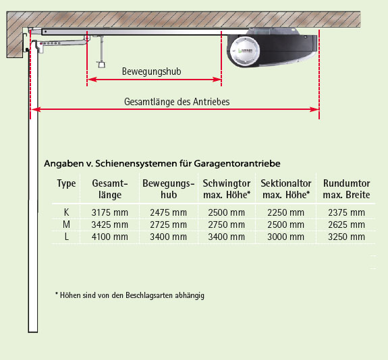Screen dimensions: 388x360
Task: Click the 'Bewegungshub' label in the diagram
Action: point(151,71)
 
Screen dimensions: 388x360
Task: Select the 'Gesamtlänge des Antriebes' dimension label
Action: point(177,102)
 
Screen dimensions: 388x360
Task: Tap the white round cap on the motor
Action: point(244,51)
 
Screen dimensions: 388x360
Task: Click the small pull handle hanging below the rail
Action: point(101,65)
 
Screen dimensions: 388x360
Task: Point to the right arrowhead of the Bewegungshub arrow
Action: point(217,80)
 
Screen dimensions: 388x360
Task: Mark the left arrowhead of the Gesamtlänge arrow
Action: point(36,109)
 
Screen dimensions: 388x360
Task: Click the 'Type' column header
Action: point(66,183)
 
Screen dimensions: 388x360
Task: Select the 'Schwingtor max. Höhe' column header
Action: point(227,189)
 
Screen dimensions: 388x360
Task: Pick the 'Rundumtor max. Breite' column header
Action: point(346,189)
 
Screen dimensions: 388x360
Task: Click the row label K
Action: point(66,212)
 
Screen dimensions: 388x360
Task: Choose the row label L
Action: point(66,237)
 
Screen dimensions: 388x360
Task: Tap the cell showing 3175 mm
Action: point(110,212)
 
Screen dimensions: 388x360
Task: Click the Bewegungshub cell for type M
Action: point(168,224)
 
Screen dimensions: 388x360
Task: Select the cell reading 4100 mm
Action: point(110,237)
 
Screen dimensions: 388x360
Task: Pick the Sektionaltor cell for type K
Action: point(285,212)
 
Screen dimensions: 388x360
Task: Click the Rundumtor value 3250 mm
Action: point(346,237)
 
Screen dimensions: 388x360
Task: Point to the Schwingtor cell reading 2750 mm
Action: point(227,224)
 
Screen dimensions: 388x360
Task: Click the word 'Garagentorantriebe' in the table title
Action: point(237,164)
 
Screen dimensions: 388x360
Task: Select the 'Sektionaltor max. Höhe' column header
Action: point(286,189)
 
